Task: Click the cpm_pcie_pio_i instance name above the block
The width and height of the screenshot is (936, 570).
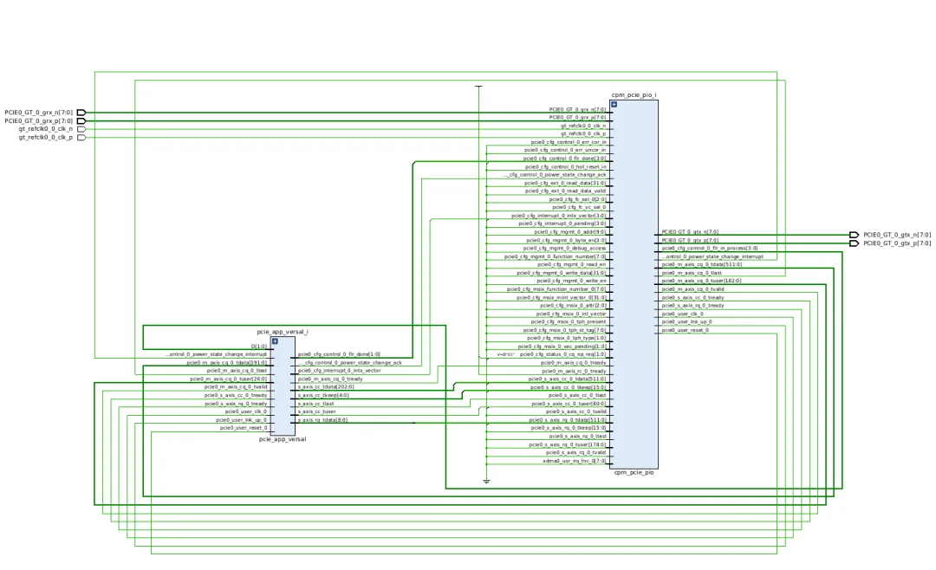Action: coord(634,94)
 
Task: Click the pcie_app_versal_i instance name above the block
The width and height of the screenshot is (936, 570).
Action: coord(283,332)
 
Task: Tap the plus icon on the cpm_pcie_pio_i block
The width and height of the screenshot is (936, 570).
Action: coord(614,105)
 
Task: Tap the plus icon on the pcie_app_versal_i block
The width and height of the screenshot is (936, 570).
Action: coord(275,341)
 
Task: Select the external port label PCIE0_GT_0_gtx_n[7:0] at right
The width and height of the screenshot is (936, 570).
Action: coord(897,235)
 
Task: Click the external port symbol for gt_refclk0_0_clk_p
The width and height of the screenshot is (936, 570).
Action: coord(81,137)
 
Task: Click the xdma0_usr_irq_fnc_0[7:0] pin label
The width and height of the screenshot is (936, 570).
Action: coord(574,461)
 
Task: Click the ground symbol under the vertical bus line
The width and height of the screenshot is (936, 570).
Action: coord(486,481)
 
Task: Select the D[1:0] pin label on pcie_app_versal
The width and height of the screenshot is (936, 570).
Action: coord(258,346)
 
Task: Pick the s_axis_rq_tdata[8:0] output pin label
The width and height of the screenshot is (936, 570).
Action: coord(322,420)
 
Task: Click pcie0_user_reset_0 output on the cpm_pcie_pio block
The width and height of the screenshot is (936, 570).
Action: coord(685,330)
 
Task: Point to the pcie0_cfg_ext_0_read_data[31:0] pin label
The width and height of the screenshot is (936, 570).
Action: coord(565,183)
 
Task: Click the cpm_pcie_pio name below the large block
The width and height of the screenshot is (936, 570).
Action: coord(634,472)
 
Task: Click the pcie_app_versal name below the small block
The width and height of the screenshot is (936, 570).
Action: coord(283,439)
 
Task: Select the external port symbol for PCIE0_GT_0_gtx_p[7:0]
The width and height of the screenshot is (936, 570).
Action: coord(854,243)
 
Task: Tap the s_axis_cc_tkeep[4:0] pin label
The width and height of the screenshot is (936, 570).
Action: coord(322,395)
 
